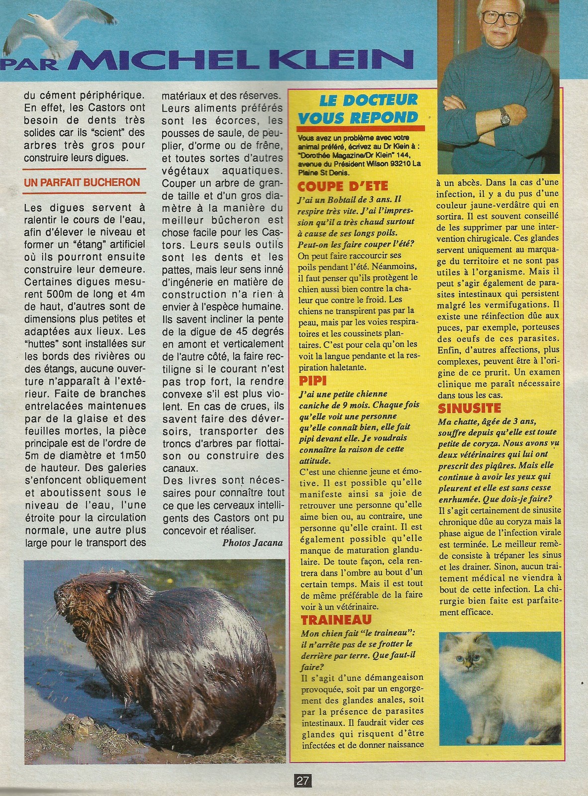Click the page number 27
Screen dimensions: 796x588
tap(302, 781)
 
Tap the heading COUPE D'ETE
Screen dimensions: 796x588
tap(342, 187)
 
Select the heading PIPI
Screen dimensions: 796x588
tap(312, 381)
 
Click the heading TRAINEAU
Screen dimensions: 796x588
tap(336, 619)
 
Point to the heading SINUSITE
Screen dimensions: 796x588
tap(469, 408)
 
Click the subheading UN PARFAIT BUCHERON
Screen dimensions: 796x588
tap(82, 183)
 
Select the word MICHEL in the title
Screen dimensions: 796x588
tap(162, 60)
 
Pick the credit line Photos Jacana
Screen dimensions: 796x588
tap(252, 543)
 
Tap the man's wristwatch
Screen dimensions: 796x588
tap(504, 116)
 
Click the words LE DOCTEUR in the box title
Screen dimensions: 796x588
tap(368, 100)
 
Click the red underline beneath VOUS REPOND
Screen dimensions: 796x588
tap(361, 128)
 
